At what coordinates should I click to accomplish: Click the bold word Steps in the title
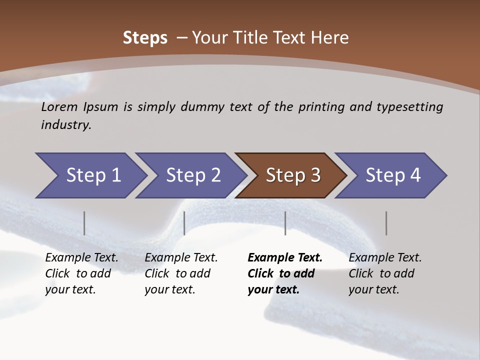[145, 38]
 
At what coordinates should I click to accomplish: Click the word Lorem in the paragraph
[59, 106]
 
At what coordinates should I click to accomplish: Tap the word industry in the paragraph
[66, 124]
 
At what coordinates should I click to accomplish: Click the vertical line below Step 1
[84, 223]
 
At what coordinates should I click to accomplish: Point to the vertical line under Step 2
[184, 223]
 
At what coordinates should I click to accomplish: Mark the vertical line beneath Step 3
[285, 223]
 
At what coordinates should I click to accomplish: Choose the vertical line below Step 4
[386, 223]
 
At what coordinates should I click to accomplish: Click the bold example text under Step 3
[285, 273]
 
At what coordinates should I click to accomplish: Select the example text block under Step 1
[81, 273]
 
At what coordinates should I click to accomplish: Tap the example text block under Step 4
[385, 273]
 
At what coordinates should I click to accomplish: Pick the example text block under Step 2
[181, 273]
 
